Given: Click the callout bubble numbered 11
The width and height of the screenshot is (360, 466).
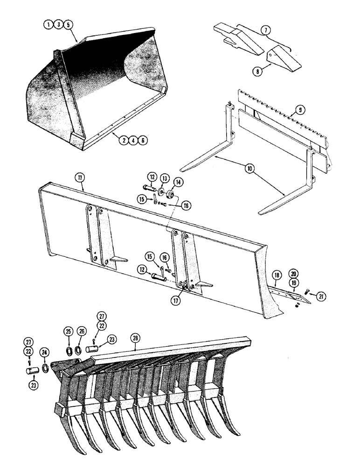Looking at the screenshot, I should pyautogui.click(x=78, y=177).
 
